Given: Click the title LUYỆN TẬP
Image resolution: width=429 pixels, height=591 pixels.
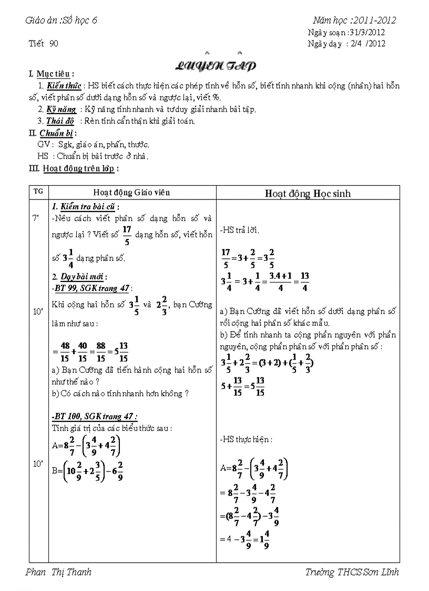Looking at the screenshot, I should click(x=215, y=66).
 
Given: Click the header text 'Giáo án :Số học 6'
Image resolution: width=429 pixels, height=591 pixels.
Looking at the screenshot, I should click(x=61, y=21).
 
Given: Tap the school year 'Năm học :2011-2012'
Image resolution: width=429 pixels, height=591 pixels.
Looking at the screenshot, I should click(x=354, y=21).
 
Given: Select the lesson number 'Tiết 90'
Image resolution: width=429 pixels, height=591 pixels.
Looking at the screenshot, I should click(x=43, y=44).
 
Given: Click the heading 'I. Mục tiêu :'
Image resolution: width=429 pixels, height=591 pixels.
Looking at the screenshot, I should click(x=51, y=74).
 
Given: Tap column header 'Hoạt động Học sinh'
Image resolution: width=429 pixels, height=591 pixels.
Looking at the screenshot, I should click(x=308, y=193).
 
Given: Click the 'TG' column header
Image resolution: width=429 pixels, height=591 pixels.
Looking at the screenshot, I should click(x=38, y=192).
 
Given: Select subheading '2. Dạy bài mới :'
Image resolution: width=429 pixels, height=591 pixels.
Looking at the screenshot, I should click(x=80, y=276).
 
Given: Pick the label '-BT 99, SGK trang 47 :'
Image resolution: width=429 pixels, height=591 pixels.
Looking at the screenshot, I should click(x=92, y=288).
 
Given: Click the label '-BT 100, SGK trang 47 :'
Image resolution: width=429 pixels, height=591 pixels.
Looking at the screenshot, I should click(x=95, y=416).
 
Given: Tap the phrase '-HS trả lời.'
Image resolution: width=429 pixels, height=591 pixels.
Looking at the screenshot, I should click(x=240, y=230).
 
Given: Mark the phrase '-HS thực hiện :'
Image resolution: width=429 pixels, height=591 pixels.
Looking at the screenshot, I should click(x=246, y=439).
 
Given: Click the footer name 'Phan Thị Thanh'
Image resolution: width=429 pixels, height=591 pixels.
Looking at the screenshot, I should click(x=58, y=572).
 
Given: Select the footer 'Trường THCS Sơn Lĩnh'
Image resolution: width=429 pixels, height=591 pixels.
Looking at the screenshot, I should click(x=352, y=572).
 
